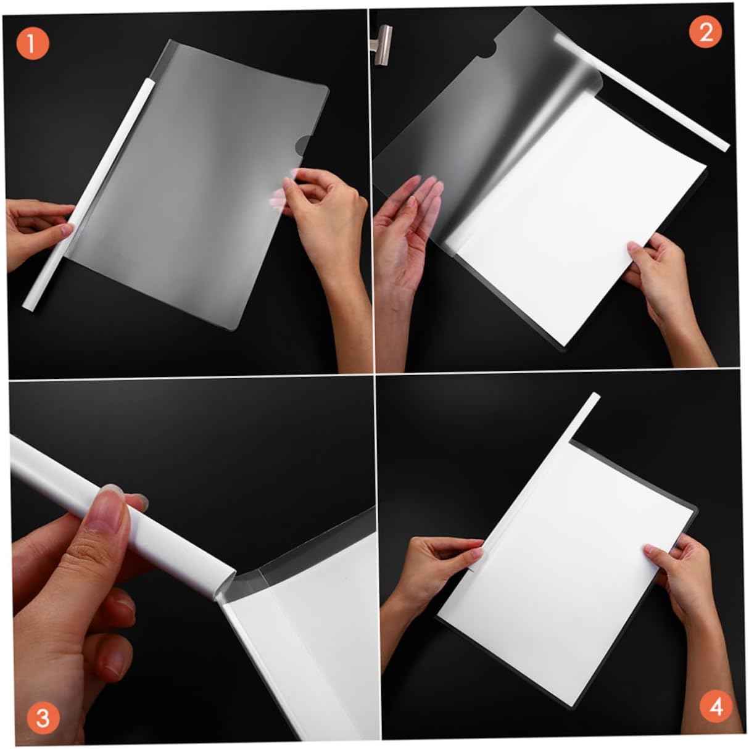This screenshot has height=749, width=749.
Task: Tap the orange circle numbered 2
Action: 705,33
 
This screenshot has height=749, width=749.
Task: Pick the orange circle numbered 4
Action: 716,706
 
